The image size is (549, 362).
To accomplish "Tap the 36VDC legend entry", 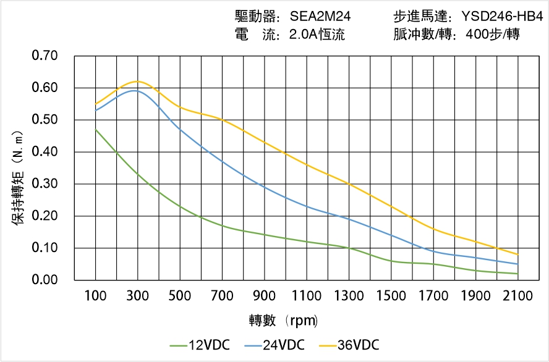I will click(x=349, y=345).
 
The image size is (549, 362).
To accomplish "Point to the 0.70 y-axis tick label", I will click(x=45, y=56).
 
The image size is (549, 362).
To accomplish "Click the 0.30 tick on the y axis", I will click(x=45, y=184).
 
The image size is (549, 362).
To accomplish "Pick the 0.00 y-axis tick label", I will click(x=45, y=280).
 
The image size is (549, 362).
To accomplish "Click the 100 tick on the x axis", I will click(x=95, y=296).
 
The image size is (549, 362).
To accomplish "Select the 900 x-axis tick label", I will click(x=264, y=296).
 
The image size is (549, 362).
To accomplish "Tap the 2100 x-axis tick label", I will click(x=517, y=296).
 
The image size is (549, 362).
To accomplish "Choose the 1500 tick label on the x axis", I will click(x=391, y=296).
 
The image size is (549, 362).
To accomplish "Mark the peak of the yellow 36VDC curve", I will click(x=137, y=81).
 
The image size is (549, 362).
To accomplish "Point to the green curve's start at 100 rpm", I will click(x=95, y=130).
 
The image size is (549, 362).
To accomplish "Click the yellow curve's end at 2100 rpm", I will click(x=517, y=255).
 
